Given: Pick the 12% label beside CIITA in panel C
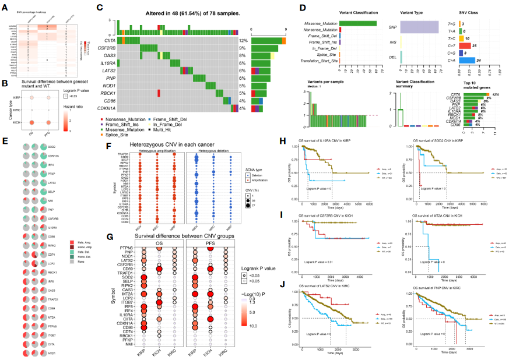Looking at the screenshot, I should click(x=244, y=40).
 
